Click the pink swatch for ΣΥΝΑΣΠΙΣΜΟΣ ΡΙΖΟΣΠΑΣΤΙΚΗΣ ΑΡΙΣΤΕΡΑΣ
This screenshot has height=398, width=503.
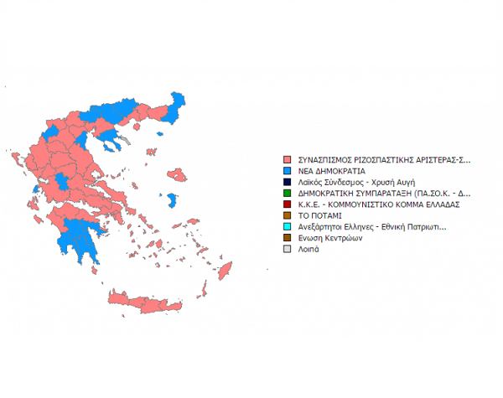click(288, 158)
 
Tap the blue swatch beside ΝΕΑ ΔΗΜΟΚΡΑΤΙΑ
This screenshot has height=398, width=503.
click(288, 170)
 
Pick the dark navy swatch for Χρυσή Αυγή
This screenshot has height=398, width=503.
click(288, 181)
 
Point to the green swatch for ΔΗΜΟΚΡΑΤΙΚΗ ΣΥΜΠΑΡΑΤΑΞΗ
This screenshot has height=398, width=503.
click(288, 193)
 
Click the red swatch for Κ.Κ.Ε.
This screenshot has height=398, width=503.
click(288, 204)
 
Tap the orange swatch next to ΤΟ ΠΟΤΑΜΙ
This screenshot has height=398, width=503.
click(288, 215)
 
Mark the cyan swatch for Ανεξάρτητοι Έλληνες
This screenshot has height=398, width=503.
click(288, 226)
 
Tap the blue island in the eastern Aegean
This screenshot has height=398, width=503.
click(172, 200)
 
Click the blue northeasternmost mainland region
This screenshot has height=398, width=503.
click(176, 105)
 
